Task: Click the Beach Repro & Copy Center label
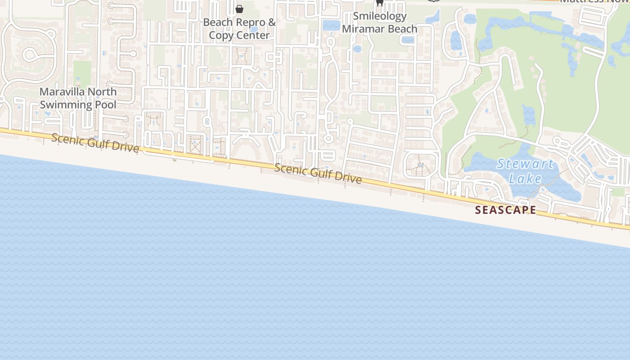click(239, 28)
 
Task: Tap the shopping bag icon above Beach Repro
click(239, 9)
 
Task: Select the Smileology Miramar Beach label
click(379, 22)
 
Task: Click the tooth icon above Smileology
click(379, 3)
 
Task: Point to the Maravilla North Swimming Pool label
click(78, 98)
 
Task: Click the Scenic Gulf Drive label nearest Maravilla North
click(95, 143)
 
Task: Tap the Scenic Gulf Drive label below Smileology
click(318, 174)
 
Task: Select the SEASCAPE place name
click(505, 210)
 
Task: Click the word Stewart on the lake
click(525, 164)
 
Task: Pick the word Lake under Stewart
click(525, 179)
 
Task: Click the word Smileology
click(379, 16)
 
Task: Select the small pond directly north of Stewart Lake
click(529, 114)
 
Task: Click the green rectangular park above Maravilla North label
click(82, 73)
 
